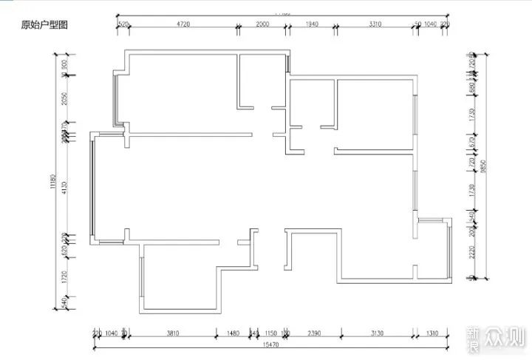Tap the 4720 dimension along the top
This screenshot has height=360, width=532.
(x=183, y=24)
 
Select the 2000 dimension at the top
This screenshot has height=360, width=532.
(x=262, y=24)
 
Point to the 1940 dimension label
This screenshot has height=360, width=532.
(x=311, y=24)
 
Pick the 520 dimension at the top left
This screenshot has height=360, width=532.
(x=123, y=24)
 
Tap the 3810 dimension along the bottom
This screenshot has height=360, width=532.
(x=172, y=333)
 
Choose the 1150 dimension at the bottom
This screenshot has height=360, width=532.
(x=270, y=333)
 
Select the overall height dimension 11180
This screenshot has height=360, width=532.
(x=54, y=182)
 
